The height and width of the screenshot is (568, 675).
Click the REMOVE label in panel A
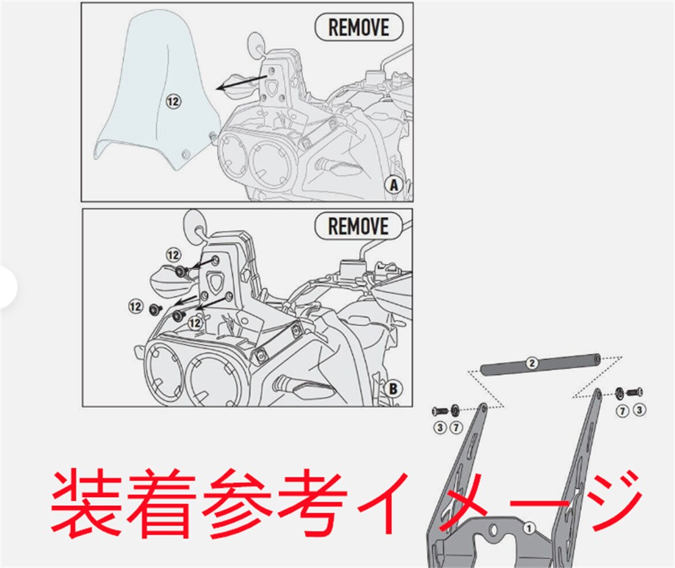[x=358, y=27]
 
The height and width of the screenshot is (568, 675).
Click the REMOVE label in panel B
[x=358, y=226]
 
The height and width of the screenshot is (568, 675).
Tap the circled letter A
[x=394, y=185]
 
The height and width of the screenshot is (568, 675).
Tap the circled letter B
[x=393, y=389]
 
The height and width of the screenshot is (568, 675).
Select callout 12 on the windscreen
[x=173, y=101]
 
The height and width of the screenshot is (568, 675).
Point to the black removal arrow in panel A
[x=242, y=82]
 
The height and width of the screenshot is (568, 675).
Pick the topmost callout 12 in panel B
[x=173, y=255]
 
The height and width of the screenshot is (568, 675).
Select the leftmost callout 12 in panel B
[x=136, y=307]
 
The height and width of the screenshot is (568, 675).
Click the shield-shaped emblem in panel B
[x=216, y=280]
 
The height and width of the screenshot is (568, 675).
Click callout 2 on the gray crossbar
[x=532, y=363]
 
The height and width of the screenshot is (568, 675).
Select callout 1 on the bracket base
[x=529, y=528]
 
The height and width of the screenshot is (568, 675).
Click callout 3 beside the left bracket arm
[x=440, y=428]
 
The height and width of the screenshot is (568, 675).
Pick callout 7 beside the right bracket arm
[x=622, y=411]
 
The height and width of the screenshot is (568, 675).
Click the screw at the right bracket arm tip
[x=634, y=392]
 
